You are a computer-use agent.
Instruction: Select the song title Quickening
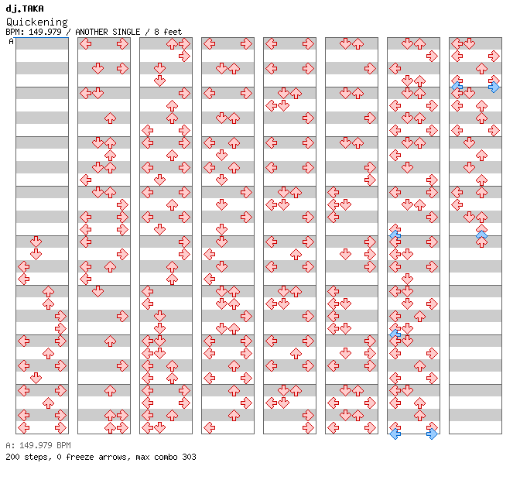(36, 22)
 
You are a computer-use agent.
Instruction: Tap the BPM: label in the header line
(15, 32)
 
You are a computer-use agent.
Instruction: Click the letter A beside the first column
(11, 41)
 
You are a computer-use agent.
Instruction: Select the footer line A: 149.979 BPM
(38, 446)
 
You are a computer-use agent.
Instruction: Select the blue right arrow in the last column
(494, 87)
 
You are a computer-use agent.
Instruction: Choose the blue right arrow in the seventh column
(432, 434)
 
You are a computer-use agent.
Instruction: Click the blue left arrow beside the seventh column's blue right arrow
(395, 434)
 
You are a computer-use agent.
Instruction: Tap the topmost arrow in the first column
(36, 242)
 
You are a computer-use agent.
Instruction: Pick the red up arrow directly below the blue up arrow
(481, 242)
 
